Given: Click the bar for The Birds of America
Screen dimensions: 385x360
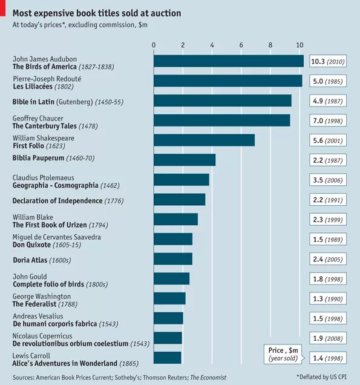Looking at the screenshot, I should click(228, 61).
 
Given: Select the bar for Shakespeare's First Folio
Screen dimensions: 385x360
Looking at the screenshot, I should click(204, 140).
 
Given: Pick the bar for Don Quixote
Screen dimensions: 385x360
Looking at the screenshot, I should click(173, 239).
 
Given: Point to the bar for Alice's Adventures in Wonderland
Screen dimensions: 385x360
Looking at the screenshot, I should click(168, 357).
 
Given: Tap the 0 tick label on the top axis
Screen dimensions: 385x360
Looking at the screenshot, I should click(154, 45).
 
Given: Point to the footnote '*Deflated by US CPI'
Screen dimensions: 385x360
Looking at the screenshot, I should click(322, 377).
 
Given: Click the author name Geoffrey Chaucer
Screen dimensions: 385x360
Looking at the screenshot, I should click(38, 118).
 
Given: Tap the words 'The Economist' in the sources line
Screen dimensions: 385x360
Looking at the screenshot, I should click(208, 377).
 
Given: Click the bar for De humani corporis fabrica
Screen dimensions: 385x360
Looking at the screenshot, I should click(168, 318).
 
